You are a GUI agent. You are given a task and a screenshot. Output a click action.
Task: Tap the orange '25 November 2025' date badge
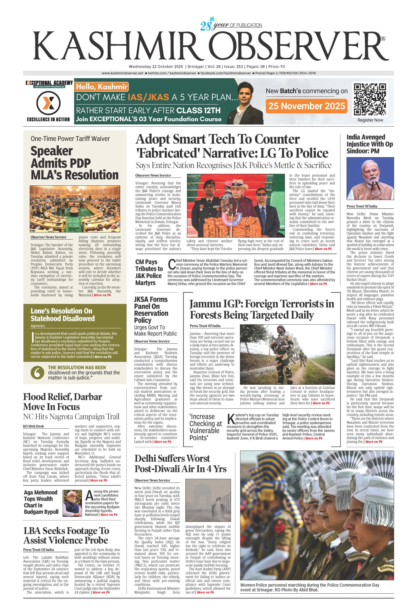click(x=306, y=106)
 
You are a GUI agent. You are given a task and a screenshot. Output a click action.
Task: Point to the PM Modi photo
click(x=370, y=179)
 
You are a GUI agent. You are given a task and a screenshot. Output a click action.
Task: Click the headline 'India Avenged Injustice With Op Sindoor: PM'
click(x=370, y=144)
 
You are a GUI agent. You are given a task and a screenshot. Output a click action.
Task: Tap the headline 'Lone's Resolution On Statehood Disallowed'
click(x=63, y=315)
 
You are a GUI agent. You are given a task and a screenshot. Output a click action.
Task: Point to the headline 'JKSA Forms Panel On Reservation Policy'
click(x=151, y=310)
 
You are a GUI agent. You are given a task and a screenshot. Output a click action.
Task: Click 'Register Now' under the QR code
click(x=370, y=120)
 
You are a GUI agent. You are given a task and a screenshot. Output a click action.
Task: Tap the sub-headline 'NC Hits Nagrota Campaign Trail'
click(x=71, y=417)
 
